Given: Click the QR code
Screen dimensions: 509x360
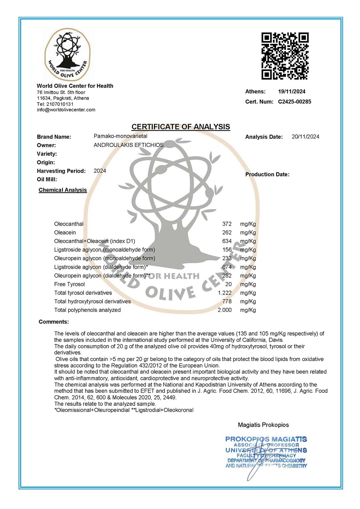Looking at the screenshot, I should pos(285,56).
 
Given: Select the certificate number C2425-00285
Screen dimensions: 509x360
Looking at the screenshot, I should pos(294,101).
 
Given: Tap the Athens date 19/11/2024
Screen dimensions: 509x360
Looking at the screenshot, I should pos(291,91).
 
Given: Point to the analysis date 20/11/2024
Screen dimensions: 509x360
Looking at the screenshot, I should pos(305,137).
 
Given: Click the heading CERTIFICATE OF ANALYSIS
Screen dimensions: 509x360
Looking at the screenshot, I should pos(181,127).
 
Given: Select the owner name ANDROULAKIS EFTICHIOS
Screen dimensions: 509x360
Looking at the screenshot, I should pos(128,145).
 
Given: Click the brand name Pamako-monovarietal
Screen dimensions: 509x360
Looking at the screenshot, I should pos(120,136).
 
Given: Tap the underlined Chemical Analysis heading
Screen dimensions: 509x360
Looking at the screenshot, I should pos(63,190).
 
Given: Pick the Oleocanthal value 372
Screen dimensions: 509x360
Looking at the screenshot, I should pos(227,224).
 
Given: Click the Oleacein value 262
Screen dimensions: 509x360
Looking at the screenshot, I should pos(227,232).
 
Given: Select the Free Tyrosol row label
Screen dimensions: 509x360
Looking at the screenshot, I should pos(70,284).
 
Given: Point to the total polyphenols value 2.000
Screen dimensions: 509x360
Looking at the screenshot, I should pos(225,310).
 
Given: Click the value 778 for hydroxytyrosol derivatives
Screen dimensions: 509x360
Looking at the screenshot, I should pos(227,301).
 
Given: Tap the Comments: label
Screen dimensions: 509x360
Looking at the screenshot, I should pos(54,322).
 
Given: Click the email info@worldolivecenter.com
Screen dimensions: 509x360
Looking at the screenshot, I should pos(66,110).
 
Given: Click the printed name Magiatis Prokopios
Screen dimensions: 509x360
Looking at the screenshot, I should pos(263,425).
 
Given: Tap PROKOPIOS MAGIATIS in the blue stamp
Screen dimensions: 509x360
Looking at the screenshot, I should pos(266,439).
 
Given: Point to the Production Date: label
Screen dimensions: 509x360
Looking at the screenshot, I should pos(267,174).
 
